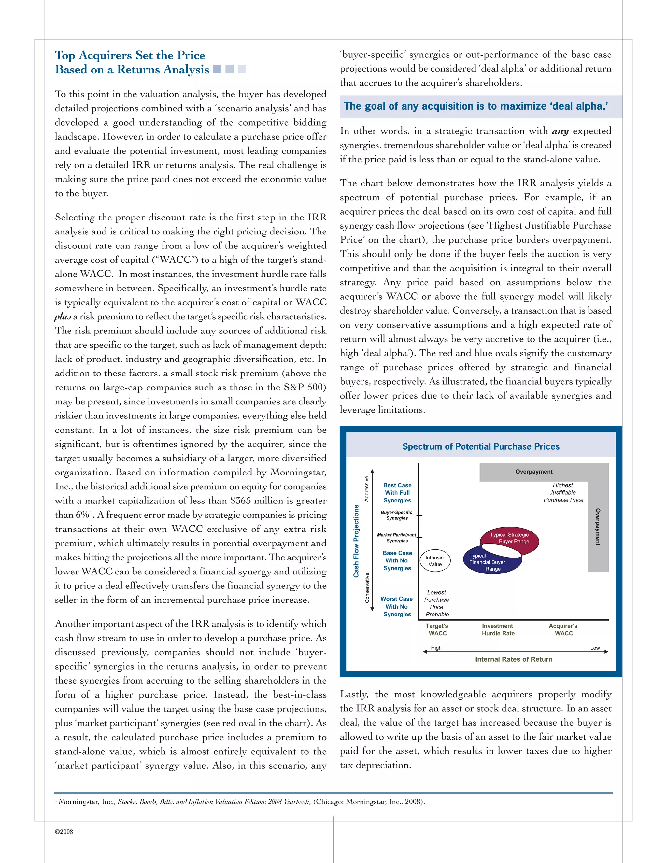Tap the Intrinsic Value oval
click(x=435, y=561)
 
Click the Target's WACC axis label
click(x=437, y=630)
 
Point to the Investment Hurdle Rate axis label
click(x=498, y=630)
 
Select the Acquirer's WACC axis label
click(x=563, y=630)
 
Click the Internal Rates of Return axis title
click(x=514, y=659)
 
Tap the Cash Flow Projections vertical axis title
click(x=356, y=541)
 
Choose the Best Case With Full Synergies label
click(x=397, y=493)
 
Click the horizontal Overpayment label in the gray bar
click(x=534, y=472)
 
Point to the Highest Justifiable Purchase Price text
click(x=563, y=492)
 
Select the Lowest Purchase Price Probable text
click(x=437, y=603)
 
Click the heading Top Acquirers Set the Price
click(x=130, y=55)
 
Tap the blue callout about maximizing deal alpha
click(x=476, y=106)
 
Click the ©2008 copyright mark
click(x=64, y=831)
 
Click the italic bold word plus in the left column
click(x=63, y=317)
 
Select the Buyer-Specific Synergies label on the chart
click(x=397, y=515)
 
